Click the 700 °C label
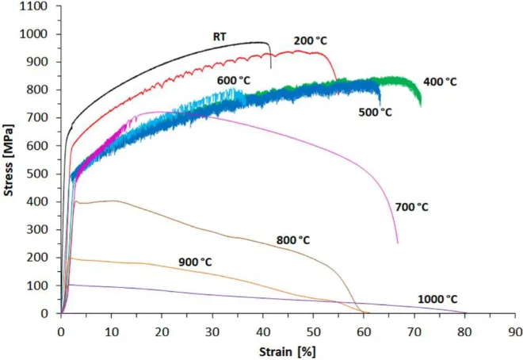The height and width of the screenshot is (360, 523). [411, 207]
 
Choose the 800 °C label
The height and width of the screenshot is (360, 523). [293, 239]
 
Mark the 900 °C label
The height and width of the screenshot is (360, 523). [195, 262]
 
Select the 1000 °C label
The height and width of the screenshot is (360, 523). [437, 299]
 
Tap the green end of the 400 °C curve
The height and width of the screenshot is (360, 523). [420, 103]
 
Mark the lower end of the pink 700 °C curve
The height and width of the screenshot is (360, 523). [397, 242]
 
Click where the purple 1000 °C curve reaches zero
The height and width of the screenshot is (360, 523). [464, 312]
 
